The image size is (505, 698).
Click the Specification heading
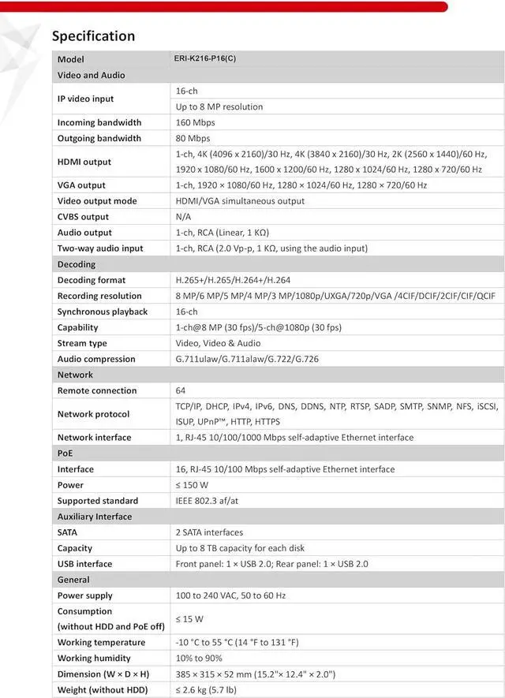click(93, 36)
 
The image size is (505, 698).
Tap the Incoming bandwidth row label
click(99, 122)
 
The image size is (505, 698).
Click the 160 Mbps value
click(196, 122)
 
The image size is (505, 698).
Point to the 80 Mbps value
click(193, 138)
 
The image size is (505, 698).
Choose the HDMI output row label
click(84, 162)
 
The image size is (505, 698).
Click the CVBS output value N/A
click(184, 217)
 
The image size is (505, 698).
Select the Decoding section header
click(77, 264)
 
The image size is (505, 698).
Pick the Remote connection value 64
click(181, 390)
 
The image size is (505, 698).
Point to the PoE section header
click(65, 454)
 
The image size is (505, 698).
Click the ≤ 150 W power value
click(193, 485)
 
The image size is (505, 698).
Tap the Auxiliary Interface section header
click(95, 517)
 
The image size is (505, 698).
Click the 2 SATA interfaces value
click(209, 532)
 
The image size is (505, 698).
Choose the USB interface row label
click(84, 564)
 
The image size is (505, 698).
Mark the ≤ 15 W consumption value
click(189, 619)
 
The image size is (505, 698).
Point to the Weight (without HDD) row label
click(103, 690)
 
